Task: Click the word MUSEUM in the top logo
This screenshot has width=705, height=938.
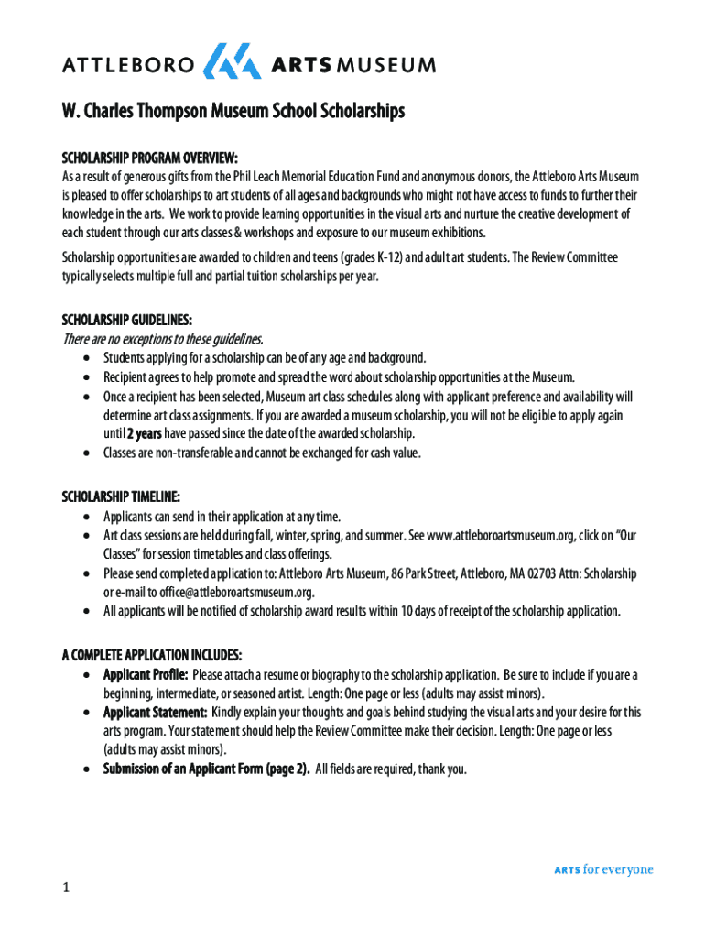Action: (386, 65)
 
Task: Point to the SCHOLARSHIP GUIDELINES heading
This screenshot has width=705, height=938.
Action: (126, 320)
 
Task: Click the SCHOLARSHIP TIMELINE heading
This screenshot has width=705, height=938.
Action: (120, 496)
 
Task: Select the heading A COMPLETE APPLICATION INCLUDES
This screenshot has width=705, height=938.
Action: (151, 655)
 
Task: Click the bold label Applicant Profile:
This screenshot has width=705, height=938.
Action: (146, 675)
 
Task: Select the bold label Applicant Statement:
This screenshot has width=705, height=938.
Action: (154, 712)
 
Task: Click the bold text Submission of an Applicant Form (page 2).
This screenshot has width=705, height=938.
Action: (206, 769)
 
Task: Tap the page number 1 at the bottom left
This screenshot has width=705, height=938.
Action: (66, 888)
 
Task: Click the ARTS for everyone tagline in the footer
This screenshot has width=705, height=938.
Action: (603, 869)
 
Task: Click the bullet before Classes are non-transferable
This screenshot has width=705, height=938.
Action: (86, 453)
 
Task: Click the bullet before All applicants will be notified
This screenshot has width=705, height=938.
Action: (86, 611)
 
